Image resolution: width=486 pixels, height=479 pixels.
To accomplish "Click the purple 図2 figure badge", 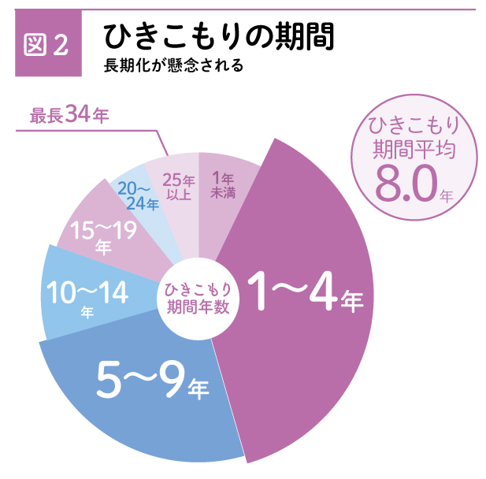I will pos(47,45).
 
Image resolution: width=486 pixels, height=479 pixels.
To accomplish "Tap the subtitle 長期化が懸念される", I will pos(173,65).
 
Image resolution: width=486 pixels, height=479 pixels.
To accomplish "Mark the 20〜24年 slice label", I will pos(138,196).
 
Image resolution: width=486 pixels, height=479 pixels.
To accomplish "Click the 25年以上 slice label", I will pos(176,186).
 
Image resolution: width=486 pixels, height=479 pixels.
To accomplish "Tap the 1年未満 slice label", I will pos(223,185).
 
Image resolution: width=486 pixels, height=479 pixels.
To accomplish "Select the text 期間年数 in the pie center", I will pos(198,307).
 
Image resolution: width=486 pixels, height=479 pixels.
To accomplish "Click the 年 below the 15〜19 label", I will pos(103,247).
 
